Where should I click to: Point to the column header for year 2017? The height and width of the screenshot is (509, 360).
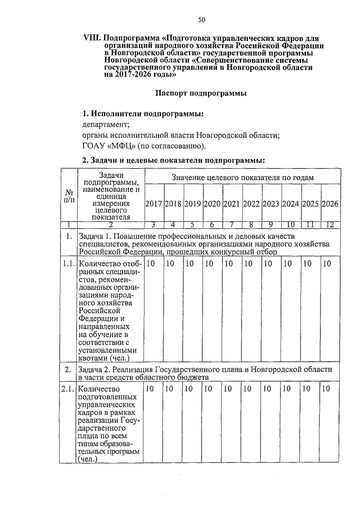154,203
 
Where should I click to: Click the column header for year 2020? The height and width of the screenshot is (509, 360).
212,203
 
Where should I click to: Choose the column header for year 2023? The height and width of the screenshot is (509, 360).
271,203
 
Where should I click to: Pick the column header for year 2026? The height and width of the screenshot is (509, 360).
329,203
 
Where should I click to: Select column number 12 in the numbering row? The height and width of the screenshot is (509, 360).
329,225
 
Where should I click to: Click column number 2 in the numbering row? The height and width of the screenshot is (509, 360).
110,225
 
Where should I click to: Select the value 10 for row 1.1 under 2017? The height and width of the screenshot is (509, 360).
151,263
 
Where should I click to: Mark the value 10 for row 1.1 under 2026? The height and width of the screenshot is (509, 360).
326,263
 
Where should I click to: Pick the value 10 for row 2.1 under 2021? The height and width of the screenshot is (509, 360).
228,388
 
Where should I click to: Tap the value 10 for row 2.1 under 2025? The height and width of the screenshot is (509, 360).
307,388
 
